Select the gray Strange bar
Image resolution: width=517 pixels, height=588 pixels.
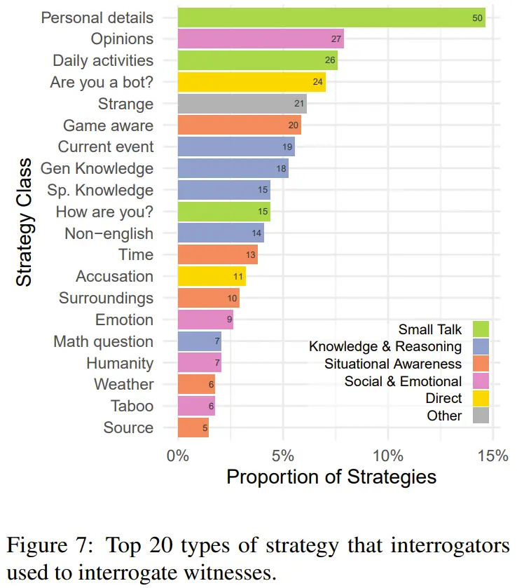pyautogui.click(x=242, y=104)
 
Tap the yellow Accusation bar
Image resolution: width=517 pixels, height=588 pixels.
pyautogui.click(x=212, y=276)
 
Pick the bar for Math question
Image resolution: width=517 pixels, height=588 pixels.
pyautogui.click(x=199, y=341)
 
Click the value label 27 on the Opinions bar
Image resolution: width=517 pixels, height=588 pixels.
pyautogui.click(x=335, y=39)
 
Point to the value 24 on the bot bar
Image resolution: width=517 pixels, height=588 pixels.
pyautogui.click(x=318, y=83)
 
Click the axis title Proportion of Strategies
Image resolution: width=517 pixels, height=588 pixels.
pyautogui.click(x=331, y=477)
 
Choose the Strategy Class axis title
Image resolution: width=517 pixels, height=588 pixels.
pyautogui.click(x=24, y=222)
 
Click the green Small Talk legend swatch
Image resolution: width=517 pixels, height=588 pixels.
pyautogui.click(x=480, y=329)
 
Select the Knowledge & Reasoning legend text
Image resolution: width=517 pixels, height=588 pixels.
pyautogui.click(x=385, y=346)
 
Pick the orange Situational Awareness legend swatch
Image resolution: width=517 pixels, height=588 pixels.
pyautogui.click(x=480, y=364)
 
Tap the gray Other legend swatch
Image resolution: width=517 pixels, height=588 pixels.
pyautogui.click(x=480, y=416)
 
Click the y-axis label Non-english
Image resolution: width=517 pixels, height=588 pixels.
pyautogui.click(x=109, y=233)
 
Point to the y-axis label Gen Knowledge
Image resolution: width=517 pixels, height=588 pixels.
pyautogui.click(x=97, y=168)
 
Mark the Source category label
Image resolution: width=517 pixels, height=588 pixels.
pyautogui.click(x=128, y=428)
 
